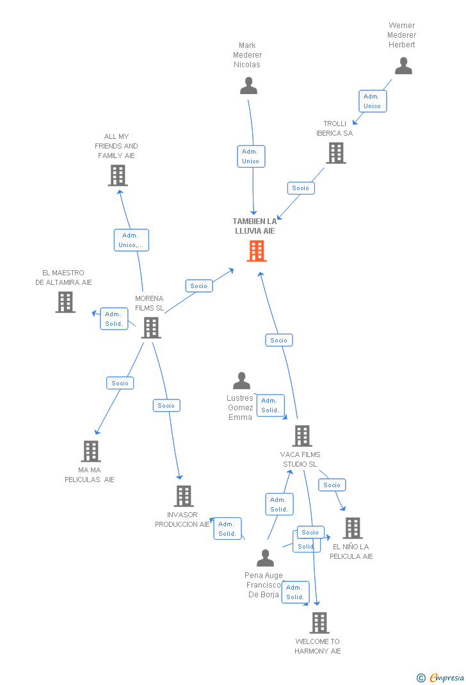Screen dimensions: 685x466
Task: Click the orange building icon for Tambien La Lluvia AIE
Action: (257, 251)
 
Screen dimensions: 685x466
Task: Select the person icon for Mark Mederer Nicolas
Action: (248, 85)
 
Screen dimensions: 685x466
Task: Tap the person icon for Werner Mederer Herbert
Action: (403, 66)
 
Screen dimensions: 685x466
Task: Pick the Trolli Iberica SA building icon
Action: (336, 153)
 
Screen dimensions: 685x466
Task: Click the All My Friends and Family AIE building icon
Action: (118, 175)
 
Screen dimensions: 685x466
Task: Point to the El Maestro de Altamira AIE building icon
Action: (65, 302)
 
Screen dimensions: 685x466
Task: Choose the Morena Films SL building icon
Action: (151, 328)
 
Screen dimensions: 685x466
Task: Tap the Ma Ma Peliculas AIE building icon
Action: (91, 451)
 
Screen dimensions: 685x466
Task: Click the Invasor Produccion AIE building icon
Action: (184, 496)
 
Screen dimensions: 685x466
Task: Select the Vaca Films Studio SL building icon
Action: (301, 436)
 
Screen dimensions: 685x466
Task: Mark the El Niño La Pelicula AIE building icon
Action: (352, 528)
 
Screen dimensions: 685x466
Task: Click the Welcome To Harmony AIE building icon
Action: (319, 623)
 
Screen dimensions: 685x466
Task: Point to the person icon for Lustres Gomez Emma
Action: (241, 381)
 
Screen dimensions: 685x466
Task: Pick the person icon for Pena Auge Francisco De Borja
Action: (265, 558)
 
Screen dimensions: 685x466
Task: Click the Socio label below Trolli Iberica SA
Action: (300, 188)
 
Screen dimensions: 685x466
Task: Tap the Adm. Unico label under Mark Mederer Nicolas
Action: (251, 156)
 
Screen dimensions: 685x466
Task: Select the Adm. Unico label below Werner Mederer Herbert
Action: (372, 101)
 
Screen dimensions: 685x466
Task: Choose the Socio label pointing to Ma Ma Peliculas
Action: (120, 383)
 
